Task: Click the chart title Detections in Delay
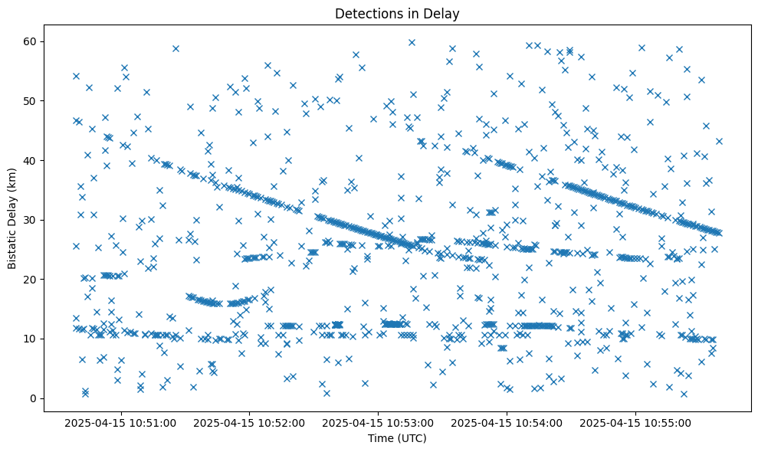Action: (x=397, y=13)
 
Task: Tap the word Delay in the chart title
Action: (x=444, y=13)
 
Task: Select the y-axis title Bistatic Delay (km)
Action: (x=12, y=219)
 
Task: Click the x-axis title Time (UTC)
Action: (x=397, y=439)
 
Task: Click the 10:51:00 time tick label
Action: (x=120, y=422)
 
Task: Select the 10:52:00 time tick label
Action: (x=250, y=422)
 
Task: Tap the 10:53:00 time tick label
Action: (x=379, y=422)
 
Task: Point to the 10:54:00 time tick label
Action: (x=507, y=422)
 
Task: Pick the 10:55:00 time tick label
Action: (x=636, y=422)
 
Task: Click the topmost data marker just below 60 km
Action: (x=412, y=42)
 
